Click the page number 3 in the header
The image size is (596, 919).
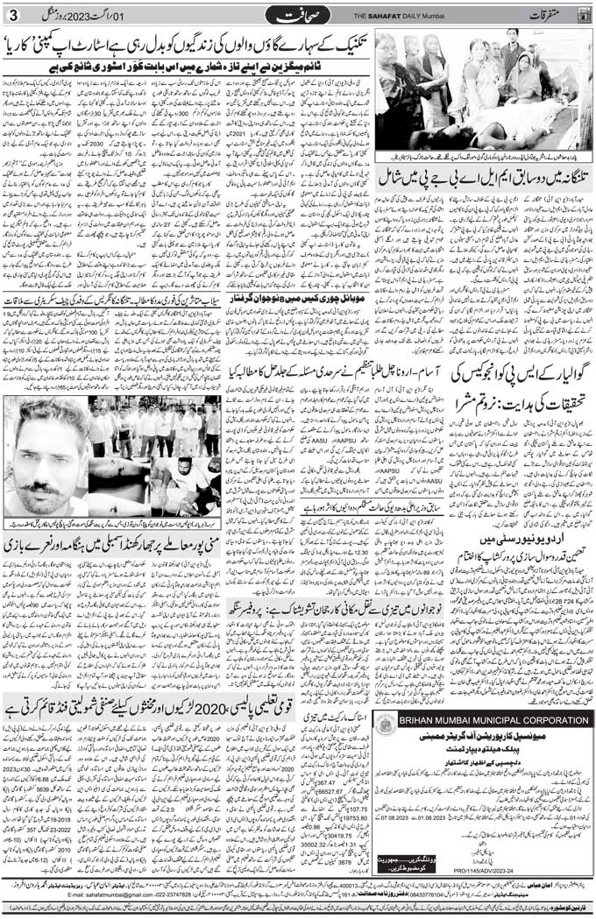(12, 15)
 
